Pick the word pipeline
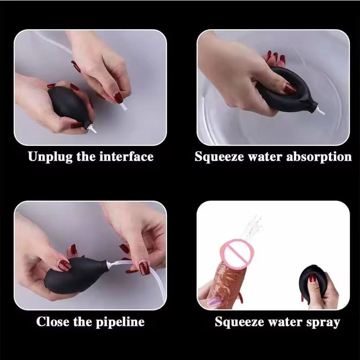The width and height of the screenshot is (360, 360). tap(120, 322)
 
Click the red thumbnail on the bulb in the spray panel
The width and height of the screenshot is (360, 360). tap(312, 279)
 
